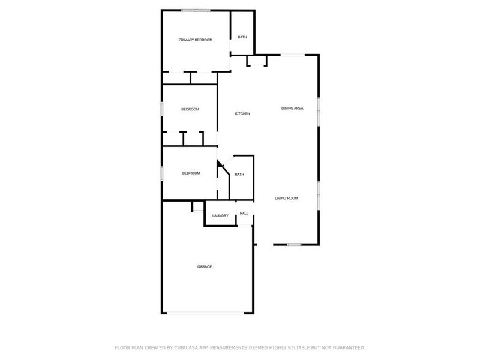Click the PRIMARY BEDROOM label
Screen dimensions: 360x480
(x=196, y=40)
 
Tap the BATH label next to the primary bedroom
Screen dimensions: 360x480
(x=242, y=37)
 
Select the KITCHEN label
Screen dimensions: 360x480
(x=242, y=114)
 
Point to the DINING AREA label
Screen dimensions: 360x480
(x=292, y=109)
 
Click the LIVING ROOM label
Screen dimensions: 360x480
(x=286, y=198)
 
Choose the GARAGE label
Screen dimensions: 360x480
(x=205, y=266)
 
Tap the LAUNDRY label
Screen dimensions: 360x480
(x=220, y=216)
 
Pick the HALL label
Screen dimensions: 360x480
(x=244, y=213)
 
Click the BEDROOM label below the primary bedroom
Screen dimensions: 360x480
(x=190, y=109)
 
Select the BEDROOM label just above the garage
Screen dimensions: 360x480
(x=191, y=173)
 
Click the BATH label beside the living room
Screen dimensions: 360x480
(x=239, y=175)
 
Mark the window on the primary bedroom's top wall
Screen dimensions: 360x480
(x=196, y=10)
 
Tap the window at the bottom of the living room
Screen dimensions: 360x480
(x=294, y=244)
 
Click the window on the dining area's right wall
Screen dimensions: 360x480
(x=319, y=111)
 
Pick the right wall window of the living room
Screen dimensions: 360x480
(x=319, y=195)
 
